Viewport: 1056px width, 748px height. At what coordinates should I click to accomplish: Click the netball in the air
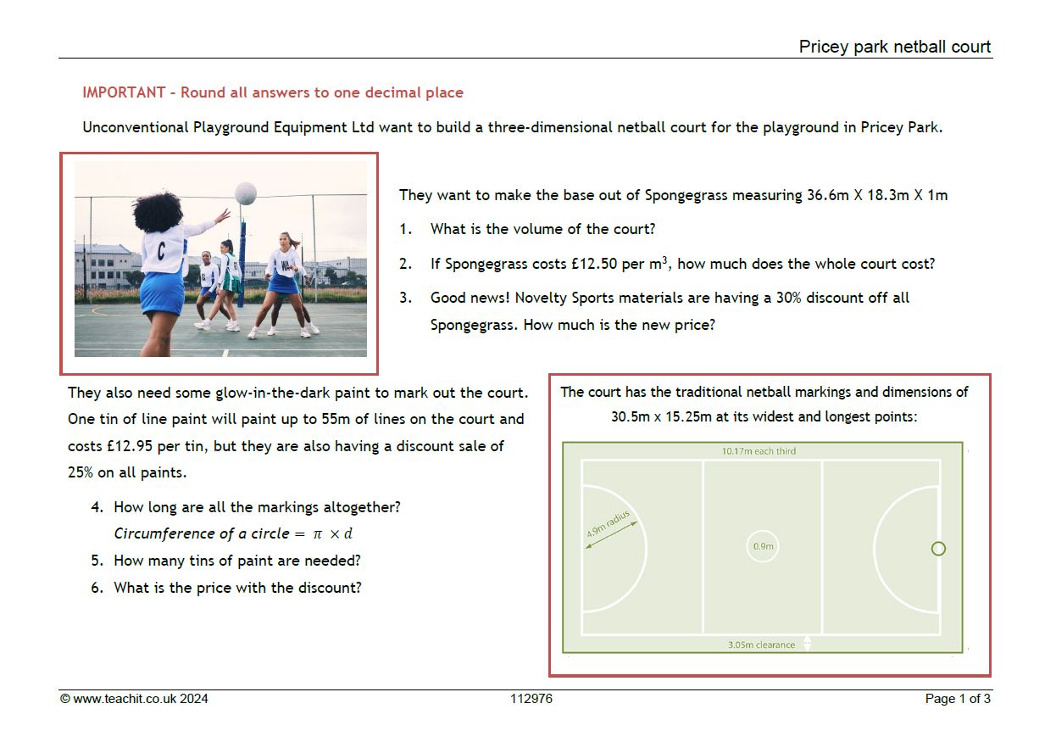pyautogui.click(x=246, y=193)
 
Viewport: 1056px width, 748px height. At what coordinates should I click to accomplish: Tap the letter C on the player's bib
pyautogui.click(x=161, y=251)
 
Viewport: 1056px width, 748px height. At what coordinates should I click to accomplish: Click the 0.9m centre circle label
pyautogui.click(x=764, y=546)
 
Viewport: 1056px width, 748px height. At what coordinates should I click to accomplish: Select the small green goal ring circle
pyautogui.click(x=938, y=549)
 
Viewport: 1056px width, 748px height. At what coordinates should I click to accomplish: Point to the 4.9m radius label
pyautogui.click(x=608, y=523)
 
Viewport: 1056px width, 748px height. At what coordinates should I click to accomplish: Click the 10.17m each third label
pyautogui.click(x=759, y=451)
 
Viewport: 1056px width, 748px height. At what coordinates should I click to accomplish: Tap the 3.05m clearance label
pyautogui.click(x=761, y=645)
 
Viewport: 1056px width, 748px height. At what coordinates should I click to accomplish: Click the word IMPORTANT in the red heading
pyautogui.click(x=124, y=92)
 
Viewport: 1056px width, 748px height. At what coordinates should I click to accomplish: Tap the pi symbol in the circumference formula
pyautogui.click(x=318, y=534)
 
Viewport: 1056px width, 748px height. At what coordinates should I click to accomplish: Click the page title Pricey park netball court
pyautogui.click(x=894, y=47)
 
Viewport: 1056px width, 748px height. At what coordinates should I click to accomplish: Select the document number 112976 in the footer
pyautogui.click(x=531, y=699)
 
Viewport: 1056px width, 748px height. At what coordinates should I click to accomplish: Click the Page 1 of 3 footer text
pyautogui.click(x=958, y=699)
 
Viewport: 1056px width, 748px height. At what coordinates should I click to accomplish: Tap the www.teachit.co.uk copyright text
pyautogui.click(x=134, y=699)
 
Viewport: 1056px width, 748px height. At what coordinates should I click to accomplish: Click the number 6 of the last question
pyautogui.click(x=96, y=588)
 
